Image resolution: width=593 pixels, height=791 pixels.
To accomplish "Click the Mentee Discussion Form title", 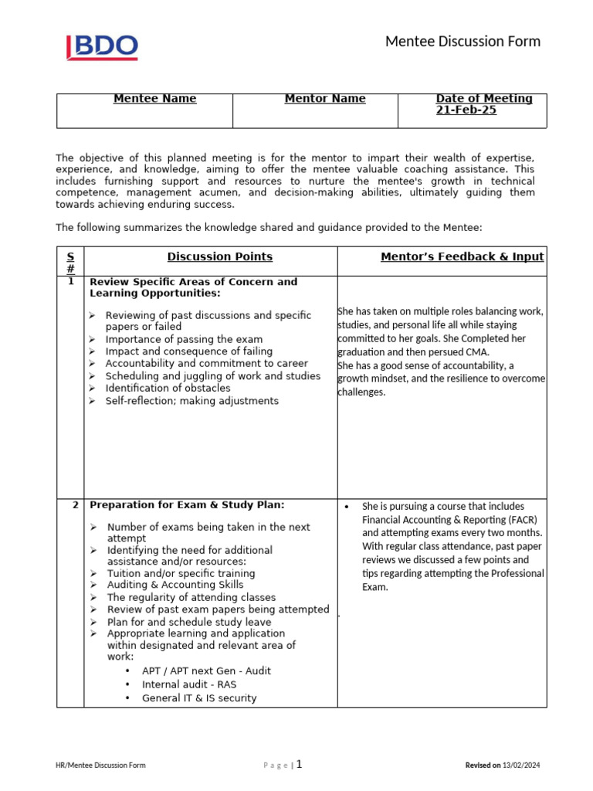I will tap(463, 41).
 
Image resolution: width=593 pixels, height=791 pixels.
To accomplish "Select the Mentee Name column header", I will tap(154, 99).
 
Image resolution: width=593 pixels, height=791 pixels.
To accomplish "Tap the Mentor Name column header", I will tap(325, 99).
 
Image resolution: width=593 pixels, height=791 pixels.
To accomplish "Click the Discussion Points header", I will tap(220, 256).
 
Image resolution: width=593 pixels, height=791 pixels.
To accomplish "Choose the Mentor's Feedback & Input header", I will tap(462, 256).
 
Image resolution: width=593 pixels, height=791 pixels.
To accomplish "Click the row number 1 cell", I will tap(71, 282).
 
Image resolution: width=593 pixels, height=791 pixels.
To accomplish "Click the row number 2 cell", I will tap(75, 505).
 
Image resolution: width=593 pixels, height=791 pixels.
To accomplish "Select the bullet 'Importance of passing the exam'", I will tap(184, 339).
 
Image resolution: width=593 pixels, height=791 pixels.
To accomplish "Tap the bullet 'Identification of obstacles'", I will tap(168, 388).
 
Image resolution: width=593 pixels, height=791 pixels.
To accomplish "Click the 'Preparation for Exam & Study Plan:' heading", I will tap(188, 505).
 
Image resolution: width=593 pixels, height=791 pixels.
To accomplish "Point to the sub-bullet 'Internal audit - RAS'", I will tap(189, 684).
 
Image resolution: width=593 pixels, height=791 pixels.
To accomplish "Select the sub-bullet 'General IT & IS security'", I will tap(199, 698).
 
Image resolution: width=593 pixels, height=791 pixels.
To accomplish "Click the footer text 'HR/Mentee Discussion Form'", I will tap(100, 766).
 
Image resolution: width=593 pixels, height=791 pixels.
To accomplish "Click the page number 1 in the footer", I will tap(299, 765).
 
